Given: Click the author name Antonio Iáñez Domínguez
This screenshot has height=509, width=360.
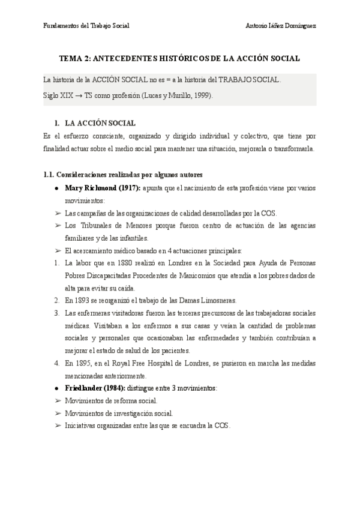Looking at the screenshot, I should (281, 26).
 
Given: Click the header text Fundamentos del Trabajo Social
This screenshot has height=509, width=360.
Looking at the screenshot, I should (87, 26).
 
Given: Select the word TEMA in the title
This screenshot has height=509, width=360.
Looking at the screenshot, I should (73, 59).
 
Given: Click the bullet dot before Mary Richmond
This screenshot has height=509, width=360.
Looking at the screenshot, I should (56, 188).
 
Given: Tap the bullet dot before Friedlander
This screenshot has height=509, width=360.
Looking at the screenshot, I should (56, 388).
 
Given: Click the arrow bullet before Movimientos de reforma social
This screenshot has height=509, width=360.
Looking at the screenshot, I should (57, 401).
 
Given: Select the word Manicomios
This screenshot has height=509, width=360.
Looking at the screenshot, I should (219, 276).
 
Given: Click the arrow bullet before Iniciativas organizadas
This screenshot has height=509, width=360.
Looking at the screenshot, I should (57, 426).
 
